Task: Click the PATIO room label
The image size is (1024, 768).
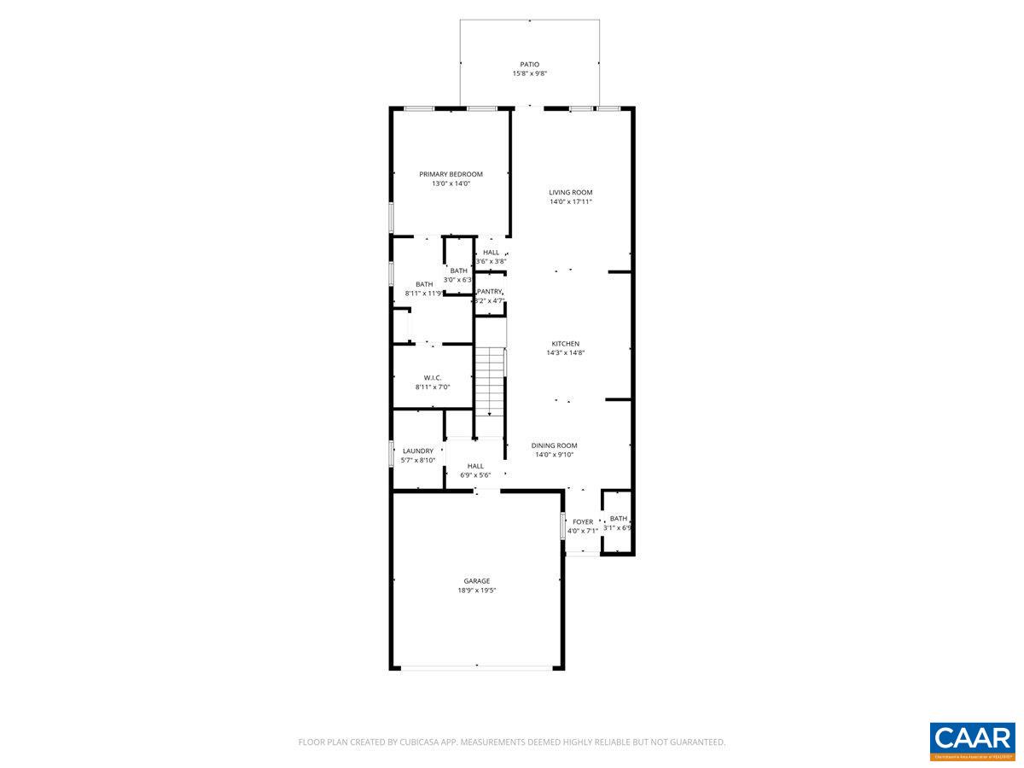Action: [x=529, y=64]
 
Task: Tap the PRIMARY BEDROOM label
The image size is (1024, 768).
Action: [x=451, y=174]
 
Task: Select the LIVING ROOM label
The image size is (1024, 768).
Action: [x=570, y=192]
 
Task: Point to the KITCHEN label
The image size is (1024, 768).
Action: [x=565, y=344]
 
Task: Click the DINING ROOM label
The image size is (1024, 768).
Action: [x=554, y=445]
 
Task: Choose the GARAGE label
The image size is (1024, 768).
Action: [x=476, y=581]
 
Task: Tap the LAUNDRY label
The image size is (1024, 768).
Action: [x=418, y=451]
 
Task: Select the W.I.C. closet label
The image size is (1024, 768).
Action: [x=432, y=377]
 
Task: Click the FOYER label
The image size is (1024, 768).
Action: [x=582, y=521]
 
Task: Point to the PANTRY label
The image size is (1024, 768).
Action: [x=490, y=292]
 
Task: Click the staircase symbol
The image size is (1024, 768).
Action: [x=490, y=381]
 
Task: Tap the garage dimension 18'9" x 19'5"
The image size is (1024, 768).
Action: [x=476, y=591]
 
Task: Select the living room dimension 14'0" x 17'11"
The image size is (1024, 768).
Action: [x=570, y=202]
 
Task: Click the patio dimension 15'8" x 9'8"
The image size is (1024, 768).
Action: [x=529, y=74]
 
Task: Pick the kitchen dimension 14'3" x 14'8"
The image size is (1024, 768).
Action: [x=565, y=353]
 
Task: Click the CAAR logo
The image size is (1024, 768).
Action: [x=972, y=739]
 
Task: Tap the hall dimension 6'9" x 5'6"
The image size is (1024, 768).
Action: [x=475, y=475]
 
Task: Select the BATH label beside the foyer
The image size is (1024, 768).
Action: [x=618, y=518]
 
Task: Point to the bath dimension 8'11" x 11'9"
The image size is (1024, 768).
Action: [x=424, y=294]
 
